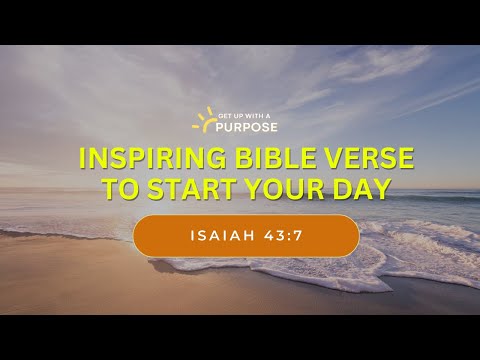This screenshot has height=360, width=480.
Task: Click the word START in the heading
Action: (x=195, y=188)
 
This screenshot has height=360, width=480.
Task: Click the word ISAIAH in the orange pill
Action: (x=219, y=237)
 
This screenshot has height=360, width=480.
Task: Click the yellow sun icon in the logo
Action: (x=204, y=121)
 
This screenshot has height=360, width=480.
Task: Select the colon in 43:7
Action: (x=282, y=237)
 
